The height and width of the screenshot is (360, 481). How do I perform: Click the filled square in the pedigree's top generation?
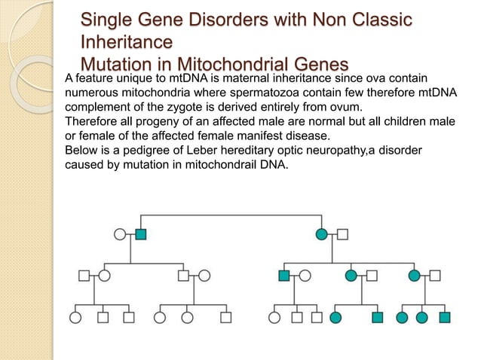tap(141, 233)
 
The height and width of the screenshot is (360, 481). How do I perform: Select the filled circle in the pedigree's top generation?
tap(322, 233)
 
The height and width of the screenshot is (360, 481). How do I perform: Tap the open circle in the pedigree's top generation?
tap(120, 233)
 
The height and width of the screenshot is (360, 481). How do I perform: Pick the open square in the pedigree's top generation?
tap(343, 233)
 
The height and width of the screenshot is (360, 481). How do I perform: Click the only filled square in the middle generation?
tap(283, 276)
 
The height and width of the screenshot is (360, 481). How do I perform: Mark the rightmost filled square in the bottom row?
tap(445, 317)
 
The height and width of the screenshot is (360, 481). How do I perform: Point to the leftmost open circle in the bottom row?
tap(75, 317)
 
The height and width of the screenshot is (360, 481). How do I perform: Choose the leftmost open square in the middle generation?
tap(84, 276)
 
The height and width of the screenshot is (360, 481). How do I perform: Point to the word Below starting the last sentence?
tap(82, 151)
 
